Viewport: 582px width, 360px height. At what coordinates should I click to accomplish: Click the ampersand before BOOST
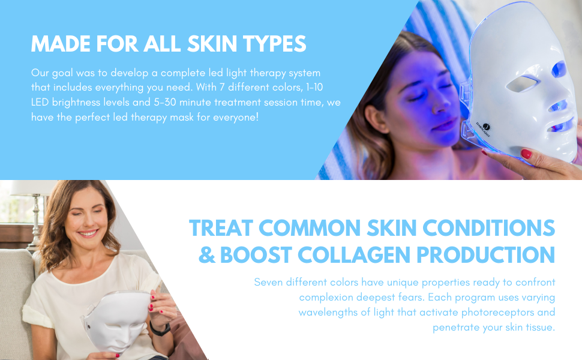pos(206,255)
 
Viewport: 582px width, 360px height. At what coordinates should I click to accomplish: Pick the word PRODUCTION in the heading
pos(486,255)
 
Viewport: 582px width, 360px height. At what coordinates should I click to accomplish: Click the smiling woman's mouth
pos(88,233)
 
